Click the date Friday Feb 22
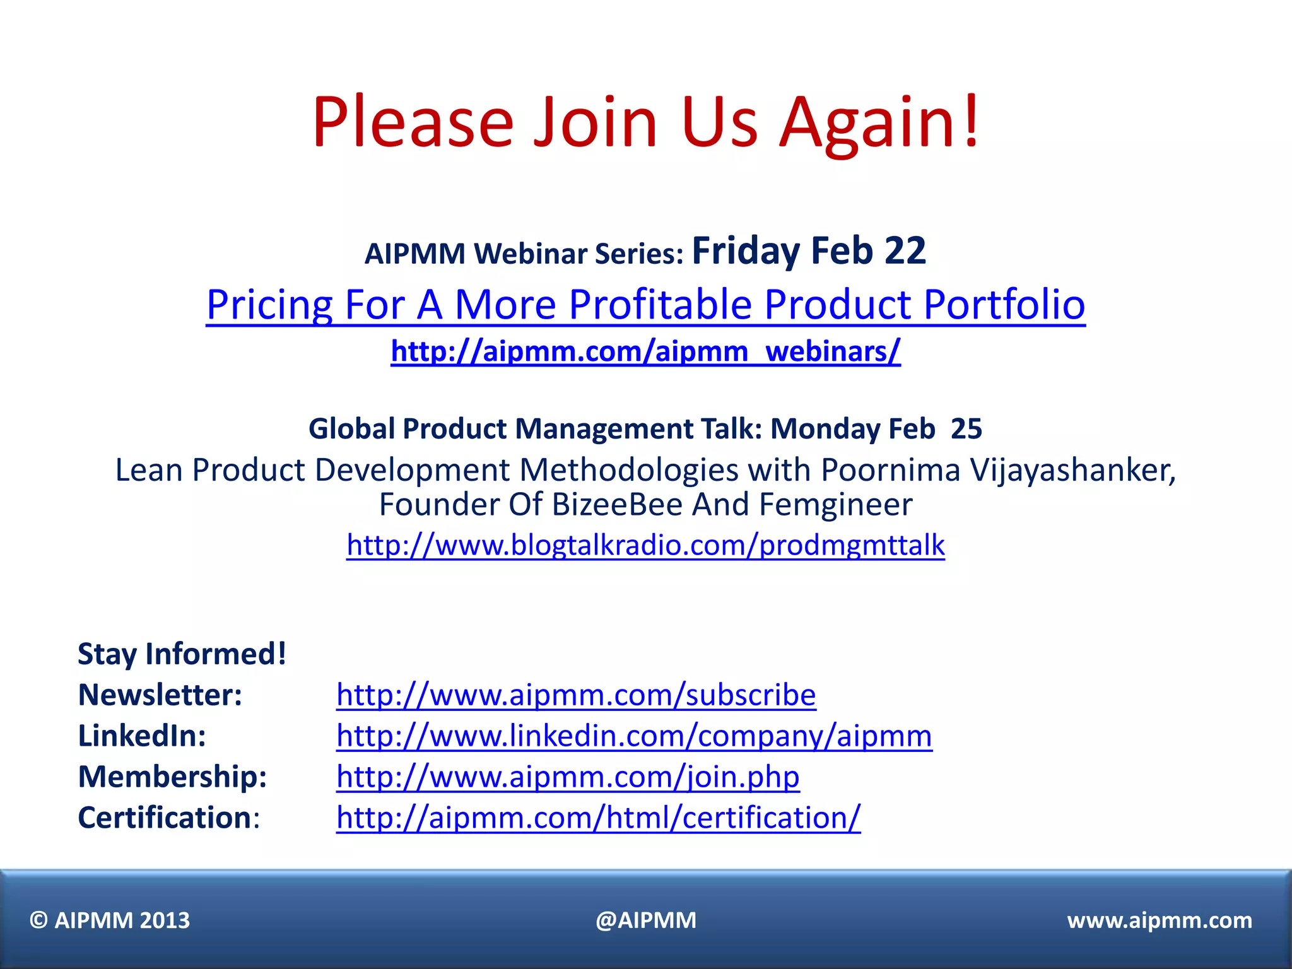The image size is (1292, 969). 809,251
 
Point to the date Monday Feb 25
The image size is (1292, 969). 876,429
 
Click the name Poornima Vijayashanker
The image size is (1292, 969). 997,470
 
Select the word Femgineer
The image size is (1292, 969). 835,505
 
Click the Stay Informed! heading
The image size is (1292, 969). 182,654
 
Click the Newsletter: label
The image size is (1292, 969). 160,695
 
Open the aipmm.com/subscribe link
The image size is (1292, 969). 576,695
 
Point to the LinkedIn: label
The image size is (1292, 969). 142,736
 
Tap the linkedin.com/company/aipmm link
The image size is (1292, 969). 634,736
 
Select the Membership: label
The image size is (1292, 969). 172,777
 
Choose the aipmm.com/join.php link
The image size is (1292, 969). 568,777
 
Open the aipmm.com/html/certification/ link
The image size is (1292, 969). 598,818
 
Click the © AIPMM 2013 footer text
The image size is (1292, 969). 110,920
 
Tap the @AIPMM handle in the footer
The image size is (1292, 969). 646,920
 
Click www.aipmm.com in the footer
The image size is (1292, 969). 1160,920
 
